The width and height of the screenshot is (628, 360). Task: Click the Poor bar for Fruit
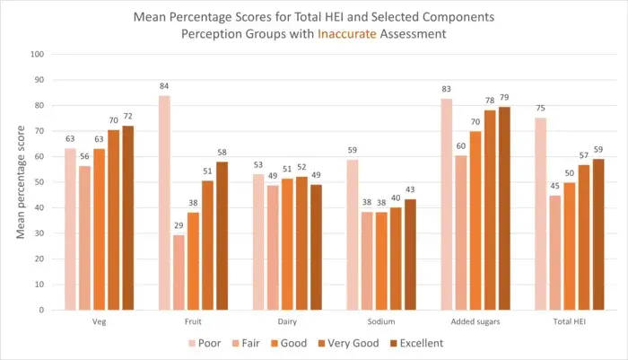pyautogui.click(x=164, y=203)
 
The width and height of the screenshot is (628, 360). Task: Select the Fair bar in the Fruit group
pyautogui.click(x=179, y=273)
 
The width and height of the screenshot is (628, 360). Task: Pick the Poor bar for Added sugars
pyautogui.click(x=447, y=204)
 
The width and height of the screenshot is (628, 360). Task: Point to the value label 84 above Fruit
pyautogui.click(x=164, y=87)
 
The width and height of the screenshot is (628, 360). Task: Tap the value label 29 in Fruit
pyautogui.click(x=179, y=227)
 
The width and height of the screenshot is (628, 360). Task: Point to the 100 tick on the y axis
pyautogui.click(x=38, y=54)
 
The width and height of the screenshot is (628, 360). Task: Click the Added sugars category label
pyautogui.click(x=475, y=320)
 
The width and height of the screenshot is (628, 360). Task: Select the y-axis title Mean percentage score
pyautogui.click(x=19, y=182)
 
